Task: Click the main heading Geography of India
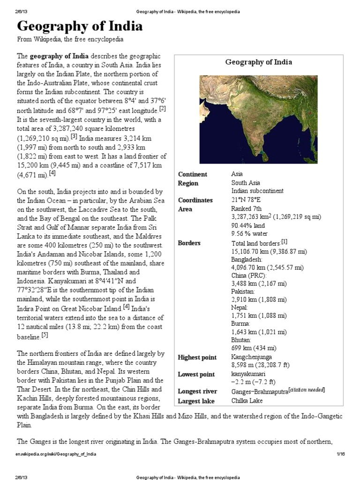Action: tap(80, 26)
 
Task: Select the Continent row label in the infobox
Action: tap(192, 174)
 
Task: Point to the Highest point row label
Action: tap(197, 358)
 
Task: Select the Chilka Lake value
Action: tap(247, 401)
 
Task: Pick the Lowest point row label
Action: tap(196, 375)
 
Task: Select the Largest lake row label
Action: tap(195, 401)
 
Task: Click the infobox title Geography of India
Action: tap(258, 62)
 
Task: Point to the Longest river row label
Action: tap(197, 391)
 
